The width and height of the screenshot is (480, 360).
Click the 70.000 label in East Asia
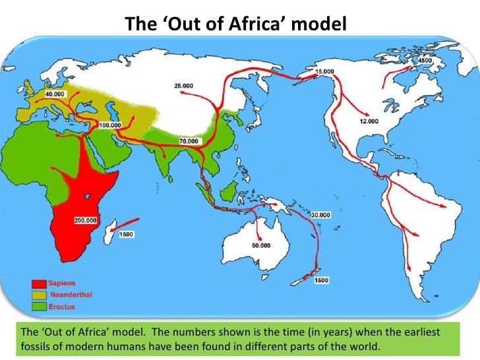pos(188,142)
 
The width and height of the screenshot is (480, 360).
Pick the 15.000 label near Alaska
pos(324,71)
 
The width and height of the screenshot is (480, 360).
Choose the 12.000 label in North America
pos(369,121)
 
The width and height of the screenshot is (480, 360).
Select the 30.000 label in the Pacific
pos(321,215)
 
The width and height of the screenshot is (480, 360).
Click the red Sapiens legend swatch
pos(37,281)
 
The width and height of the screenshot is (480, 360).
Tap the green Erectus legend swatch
pos(37,306)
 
